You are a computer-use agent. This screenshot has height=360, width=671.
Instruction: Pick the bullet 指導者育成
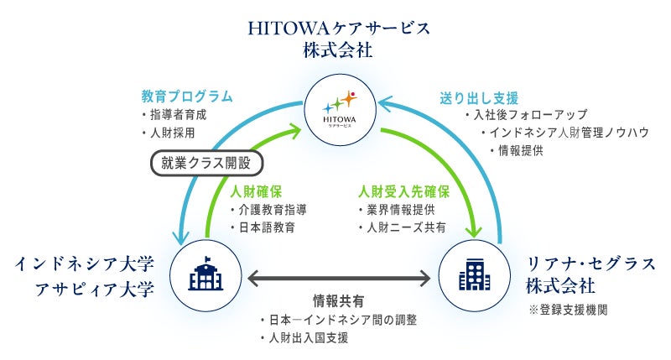178,115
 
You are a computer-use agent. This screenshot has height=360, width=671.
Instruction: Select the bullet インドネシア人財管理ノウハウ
564,133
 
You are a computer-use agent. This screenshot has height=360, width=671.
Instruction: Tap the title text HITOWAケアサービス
339,28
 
